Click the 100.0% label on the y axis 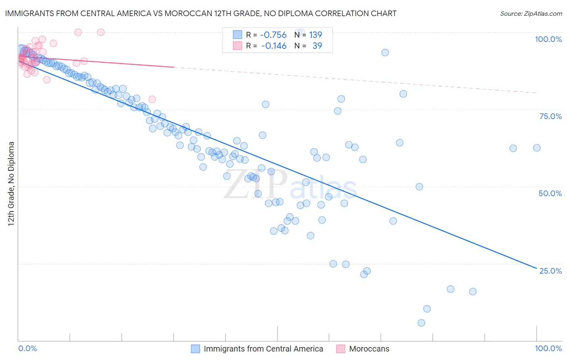point(548,39)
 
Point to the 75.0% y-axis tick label point(550,116)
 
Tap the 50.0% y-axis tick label point(550,193)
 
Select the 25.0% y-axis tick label point(550,271)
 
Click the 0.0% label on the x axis point(27,348)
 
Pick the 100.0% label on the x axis point(548,348)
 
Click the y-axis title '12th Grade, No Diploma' point(11,184)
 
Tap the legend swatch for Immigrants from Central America point(196,349)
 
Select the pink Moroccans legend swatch point(341,349)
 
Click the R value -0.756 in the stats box point(273,35)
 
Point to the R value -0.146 point(274,46)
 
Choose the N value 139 point(315,35)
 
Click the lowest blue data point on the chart point(421,323)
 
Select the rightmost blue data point point(537,148)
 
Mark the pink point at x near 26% point(152,99)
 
